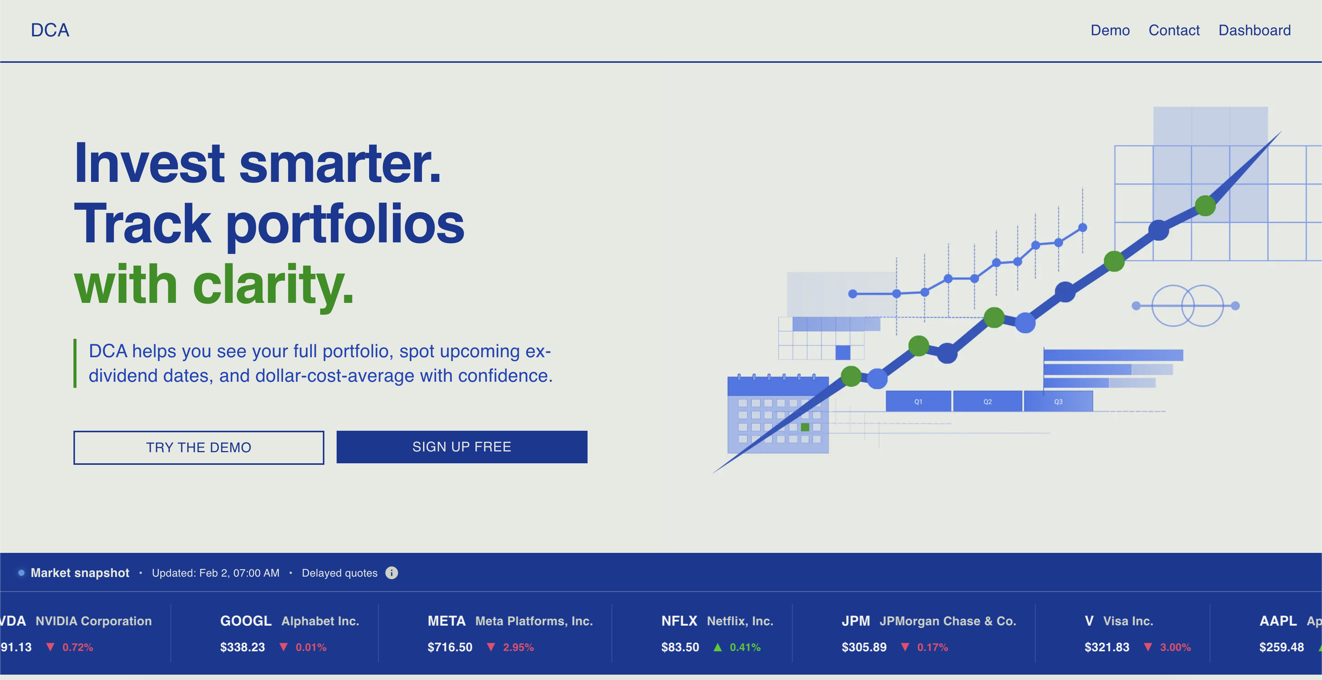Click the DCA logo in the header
[x=50, y=30]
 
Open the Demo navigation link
[x=1110, y=30]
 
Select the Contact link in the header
[x=1174, y=30]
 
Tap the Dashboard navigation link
[x=1254, y=30]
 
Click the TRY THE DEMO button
[x=199, y=447]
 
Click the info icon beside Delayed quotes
[x=392, y=573]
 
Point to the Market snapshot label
[x=80, y=573]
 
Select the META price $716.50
[x=449, y=647]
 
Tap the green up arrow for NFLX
[x=718, y=647]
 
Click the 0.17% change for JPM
[x=933, y=647]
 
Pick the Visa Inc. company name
[x=1128, y=621]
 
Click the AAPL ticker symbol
[x=1278, y=621]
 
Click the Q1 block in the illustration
[x=918, y=402]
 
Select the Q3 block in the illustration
[x=1058, y=402]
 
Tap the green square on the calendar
[x=805, y=427]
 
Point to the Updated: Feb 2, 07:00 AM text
[x=215, y=573]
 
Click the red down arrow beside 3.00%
[x=1148, y=647]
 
